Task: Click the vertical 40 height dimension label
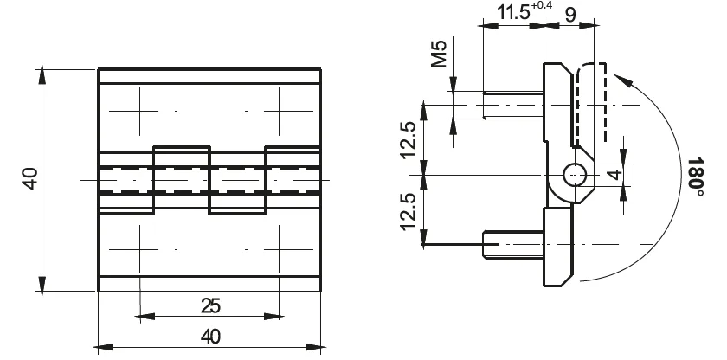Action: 30,179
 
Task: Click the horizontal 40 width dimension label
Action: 210,337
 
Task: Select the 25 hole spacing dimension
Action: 210,305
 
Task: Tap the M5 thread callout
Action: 439,54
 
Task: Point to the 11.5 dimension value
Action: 512,12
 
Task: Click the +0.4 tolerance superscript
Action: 542,6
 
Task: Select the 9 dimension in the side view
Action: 570,15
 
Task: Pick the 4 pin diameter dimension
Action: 614,175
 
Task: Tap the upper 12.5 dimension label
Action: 409,140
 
